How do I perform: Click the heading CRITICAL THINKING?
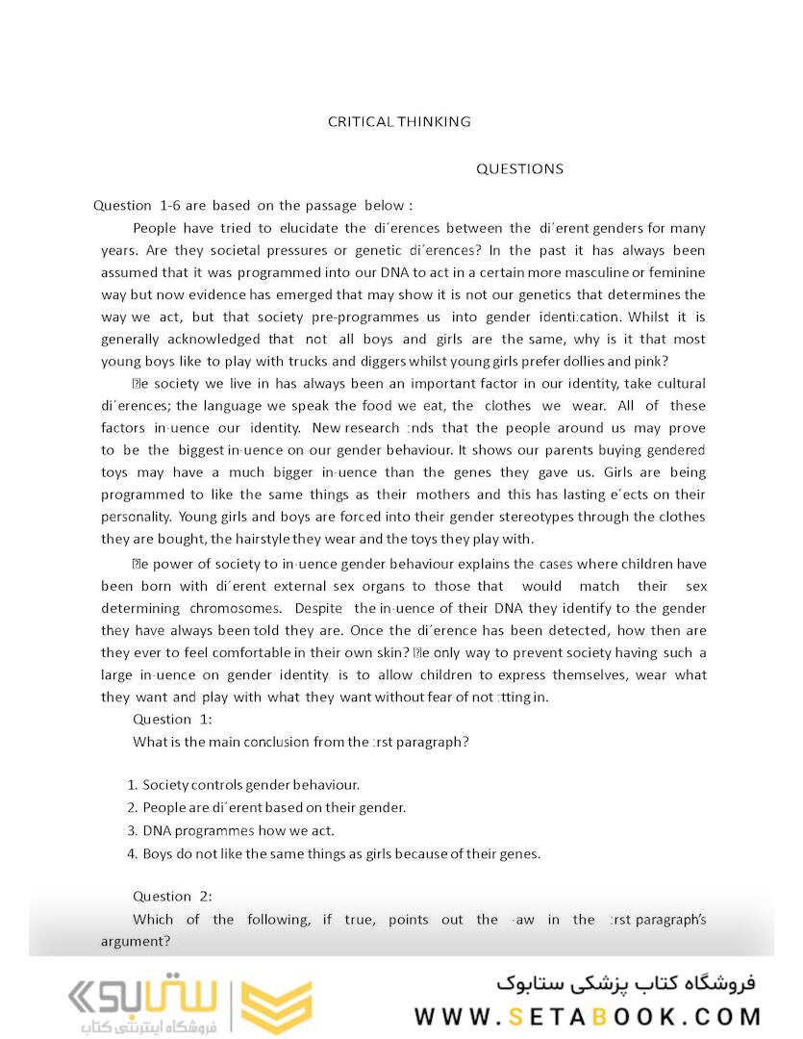[399, 121]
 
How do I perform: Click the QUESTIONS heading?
[519, 168]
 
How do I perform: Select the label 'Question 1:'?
[172, 719]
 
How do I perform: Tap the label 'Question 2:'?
[172, 896]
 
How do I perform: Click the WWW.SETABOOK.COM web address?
[588, 1016]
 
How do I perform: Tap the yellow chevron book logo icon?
[276, 1008]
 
